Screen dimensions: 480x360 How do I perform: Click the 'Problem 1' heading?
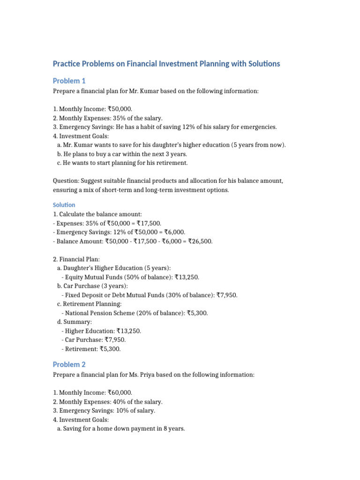tap(69, 81)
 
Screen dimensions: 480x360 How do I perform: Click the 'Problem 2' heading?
tap(69, 364)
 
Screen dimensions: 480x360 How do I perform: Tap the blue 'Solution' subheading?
tap(64, 205)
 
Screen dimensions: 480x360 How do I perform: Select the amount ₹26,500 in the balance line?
tap(200, 241)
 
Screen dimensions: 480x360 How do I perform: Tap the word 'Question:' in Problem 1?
tap(66, 181)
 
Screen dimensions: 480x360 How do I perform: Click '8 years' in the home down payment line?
tap(173, 428)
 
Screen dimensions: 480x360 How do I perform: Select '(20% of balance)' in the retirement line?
tap(159, 313)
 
